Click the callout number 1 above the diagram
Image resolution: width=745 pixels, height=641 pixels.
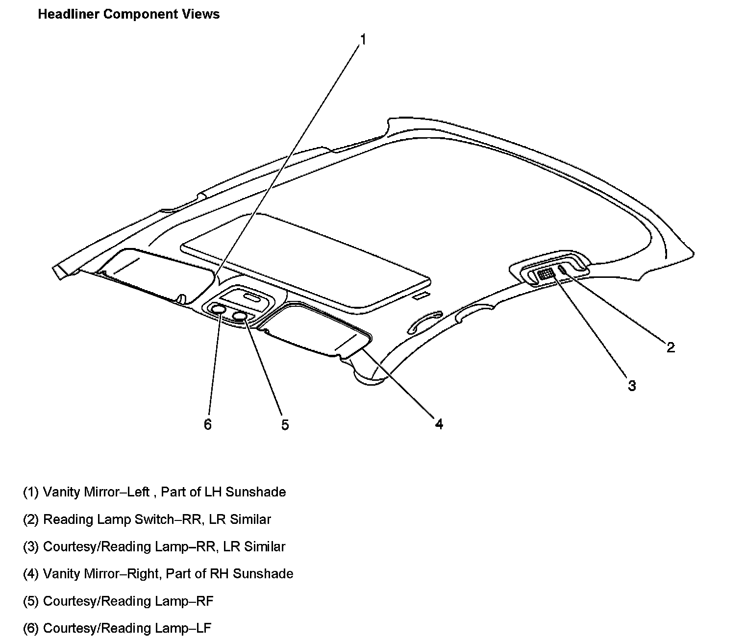click(363, 39)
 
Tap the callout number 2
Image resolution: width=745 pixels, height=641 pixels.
click(670, 347)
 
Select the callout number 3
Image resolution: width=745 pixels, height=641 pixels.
click(632, 386)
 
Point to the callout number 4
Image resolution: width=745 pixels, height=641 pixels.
click(439, 424)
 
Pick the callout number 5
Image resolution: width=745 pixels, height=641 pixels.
click(285, 424)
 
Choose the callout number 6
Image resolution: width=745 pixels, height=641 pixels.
click(208, 424)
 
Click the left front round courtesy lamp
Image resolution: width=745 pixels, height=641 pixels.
click(218, 309)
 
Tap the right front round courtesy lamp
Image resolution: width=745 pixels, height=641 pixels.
click(240, 316)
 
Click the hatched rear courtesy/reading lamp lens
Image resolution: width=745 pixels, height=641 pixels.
click(545, 274)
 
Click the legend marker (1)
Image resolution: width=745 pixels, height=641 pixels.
click(31, 492)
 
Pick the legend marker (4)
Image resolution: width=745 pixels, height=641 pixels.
click(31, 574)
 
